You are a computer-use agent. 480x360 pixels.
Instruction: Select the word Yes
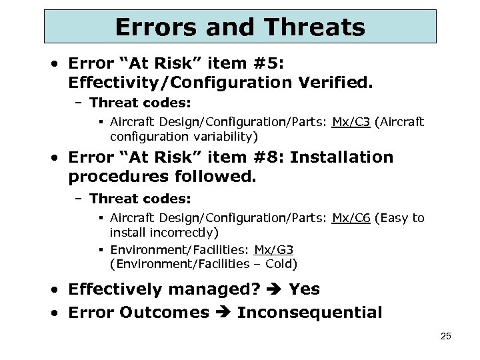tap(304, 289)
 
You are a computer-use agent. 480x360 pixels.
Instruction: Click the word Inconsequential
tap(310, 313)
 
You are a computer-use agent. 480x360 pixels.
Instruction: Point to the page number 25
tap(445, 337)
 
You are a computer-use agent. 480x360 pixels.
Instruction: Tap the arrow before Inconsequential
tap(223, 313)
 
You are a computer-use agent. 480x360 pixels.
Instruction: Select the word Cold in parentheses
tap(280, 263)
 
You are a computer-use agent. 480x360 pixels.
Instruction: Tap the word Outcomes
tap(165, 313)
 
